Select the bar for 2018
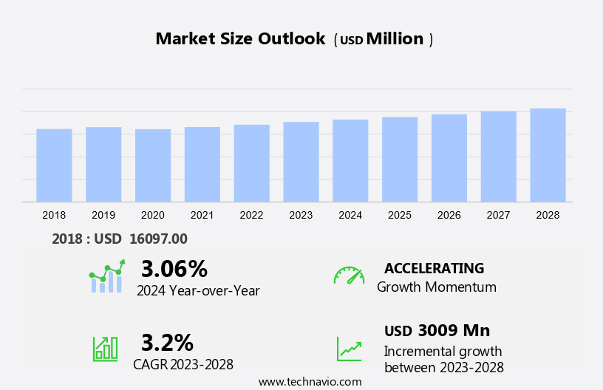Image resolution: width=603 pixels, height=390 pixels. (54, 165)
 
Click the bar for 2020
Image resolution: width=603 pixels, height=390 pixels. (153, 165)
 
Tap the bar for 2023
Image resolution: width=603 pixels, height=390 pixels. (301, 162)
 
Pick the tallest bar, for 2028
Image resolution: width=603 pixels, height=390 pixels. (548, 155)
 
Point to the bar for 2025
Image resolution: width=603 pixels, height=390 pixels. (400, 160)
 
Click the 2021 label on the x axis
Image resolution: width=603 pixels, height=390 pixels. (202, 215)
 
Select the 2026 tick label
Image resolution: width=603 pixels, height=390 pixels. (449, 215)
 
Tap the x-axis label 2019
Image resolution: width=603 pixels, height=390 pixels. (103, 215)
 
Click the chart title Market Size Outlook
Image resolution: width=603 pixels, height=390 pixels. (240, 39)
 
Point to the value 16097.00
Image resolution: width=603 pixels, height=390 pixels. (158, 239)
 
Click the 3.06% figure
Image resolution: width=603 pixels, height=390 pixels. (174, 268)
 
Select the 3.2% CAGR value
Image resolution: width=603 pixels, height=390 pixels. (167, 343)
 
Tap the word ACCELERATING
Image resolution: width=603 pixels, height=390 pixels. (434, 268)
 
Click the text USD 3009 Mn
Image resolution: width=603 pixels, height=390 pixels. (437, 330)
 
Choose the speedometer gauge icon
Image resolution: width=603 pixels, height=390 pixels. (349, 276)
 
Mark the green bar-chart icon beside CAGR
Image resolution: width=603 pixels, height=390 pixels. (105, 348)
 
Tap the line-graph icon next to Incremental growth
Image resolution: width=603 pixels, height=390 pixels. (349, 349)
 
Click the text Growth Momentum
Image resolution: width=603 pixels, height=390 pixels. (436, 287)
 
